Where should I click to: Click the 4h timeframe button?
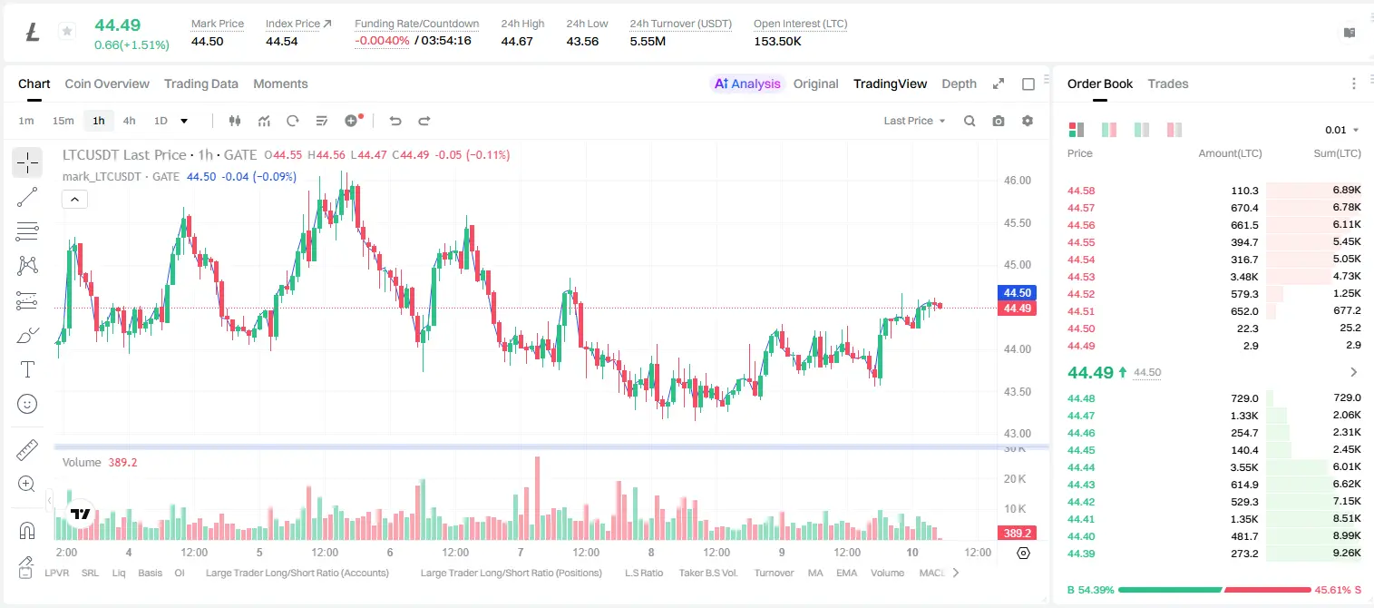coord(129,121)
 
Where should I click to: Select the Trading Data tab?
coord(200,83)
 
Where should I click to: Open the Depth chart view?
coord(959,83)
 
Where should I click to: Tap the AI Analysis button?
coord(747,83)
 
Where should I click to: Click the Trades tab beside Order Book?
coord(1168,83)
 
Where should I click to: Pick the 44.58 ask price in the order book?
coord(1081,191)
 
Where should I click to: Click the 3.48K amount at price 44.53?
coord(1244,277)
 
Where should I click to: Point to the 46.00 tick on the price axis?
coord(1017,181)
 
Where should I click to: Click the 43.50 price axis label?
coord(1017,391)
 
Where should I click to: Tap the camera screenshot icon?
coord(999,121)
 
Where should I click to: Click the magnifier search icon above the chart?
coord(970,121)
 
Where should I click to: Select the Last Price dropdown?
coord(914,121)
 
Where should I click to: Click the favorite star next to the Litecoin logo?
coord(67,31)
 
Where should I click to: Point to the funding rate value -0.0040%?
coord(382,41)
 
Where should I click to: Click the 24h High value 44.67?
coord(516,41)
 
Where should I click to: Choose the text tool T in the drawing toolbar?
coord(27,369)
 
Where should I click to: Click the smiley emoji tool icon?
coord(27,404)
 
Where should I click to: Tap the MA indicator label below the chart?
coord(815,573)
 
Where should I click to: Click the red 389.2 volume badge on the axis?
coord(1017,534)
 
